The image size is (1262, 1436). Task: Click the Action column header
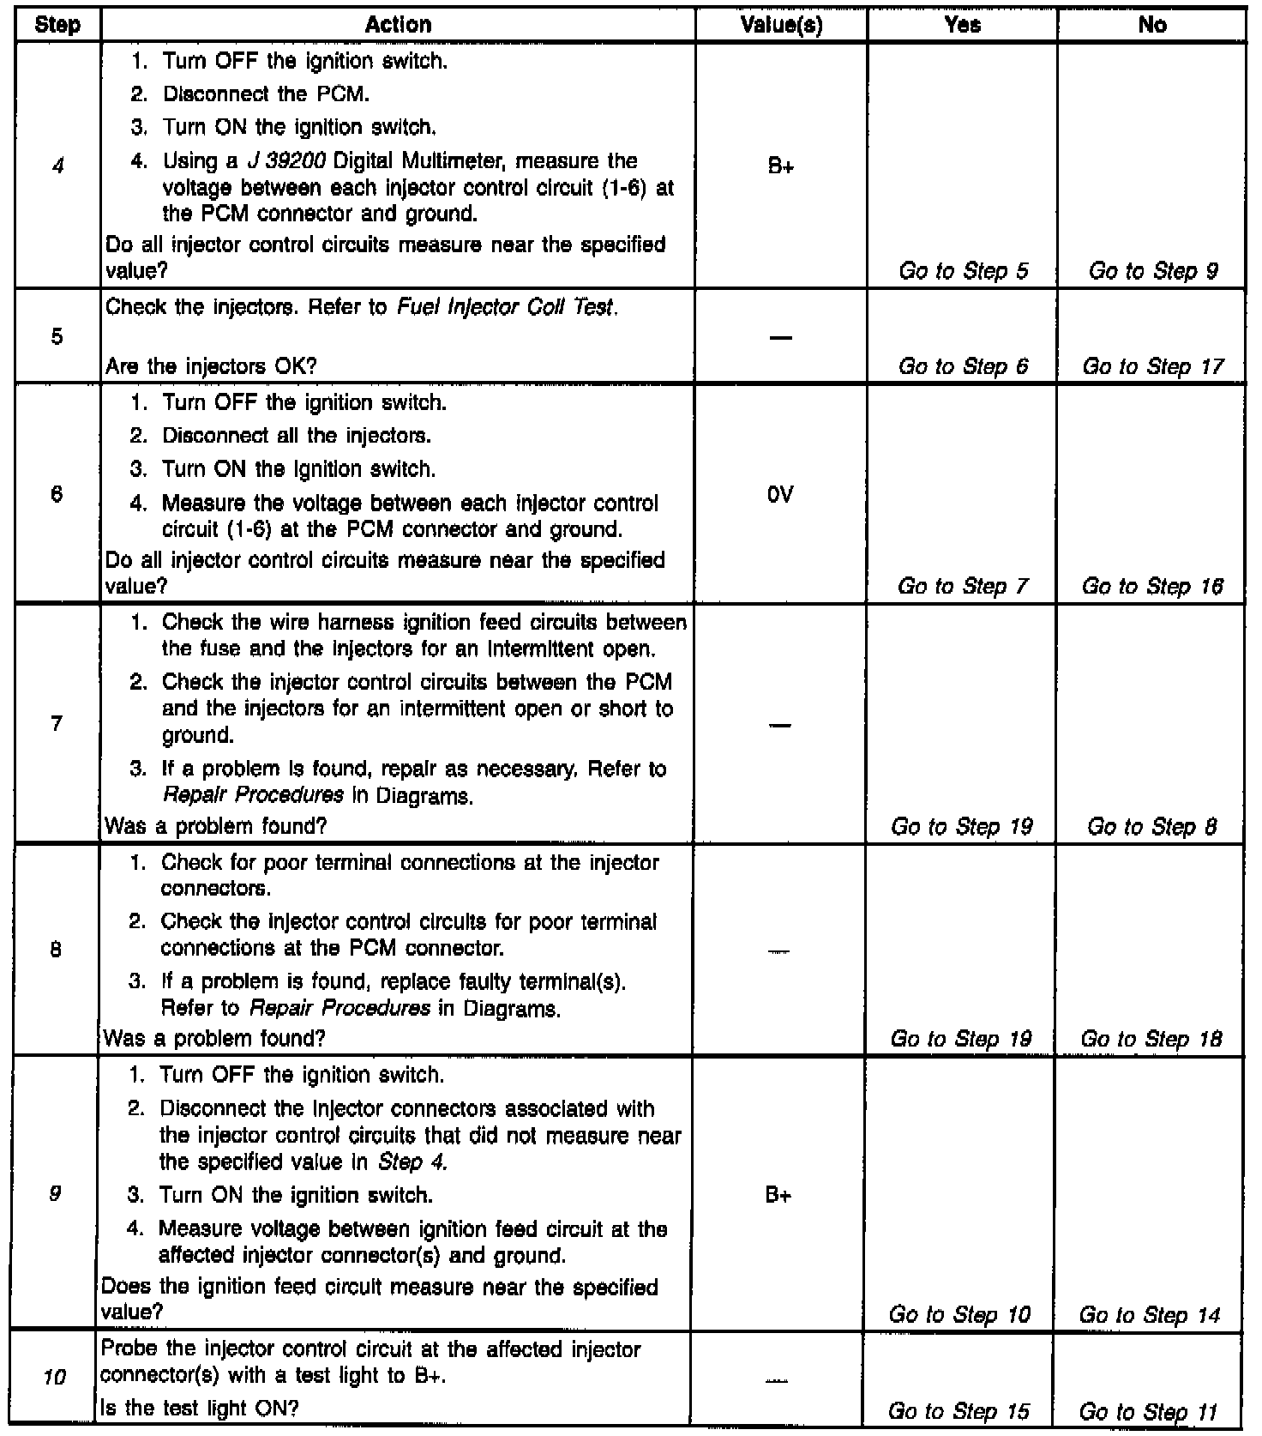pyautogui.click(x=398, y=25)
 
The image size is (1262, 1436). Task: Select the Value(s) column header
pyautogui.click(x=781, y=25)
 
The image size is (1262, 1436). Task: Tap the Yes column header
pyautogui.click(x=962, y=25)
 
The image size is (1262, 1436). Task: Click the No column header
pyautogui.click(x=1151, y=25)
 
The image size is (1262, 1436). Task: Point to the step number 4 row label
pyautogui.click(x=57, y=166)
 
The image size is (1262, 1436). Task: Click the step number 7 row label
pyautogui.click(x=57, y=723)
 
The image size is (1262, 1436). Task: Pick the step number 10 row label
pyautogui.click(x=55, y=1379)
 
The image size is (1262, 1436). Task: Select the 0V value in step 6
pyautogui.click(x=780, y=494)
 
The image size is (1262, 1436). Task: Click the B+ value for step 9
pyautogui.click(x=778, y=1195)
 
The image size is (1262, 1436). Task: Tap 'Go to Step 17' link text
pyautogui.click(x=1152, y=367)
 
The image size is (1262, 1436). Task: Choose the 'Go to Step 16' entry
pyautogui.click(x=1152, y=587)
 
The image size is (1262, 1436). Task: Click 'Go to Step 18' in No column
pyautogui.click(x=1151, y=1040)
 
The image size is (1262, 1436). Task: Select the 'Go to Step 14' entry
pyautogui.click(x=1149, y=1315)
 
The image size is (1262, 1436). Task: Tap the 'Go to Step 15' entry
pyautogui.click(x=959, y=1411)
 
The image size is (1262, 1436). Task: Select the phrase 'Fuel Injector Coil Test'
pyautogui.click(x=506, y=307)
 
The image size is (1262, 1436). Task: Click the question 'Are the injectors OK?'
pyautogui.click(x=211, y=367)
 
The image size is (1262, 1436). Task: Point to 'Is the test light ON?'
pyautogui.click(x=200, y=1408)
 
